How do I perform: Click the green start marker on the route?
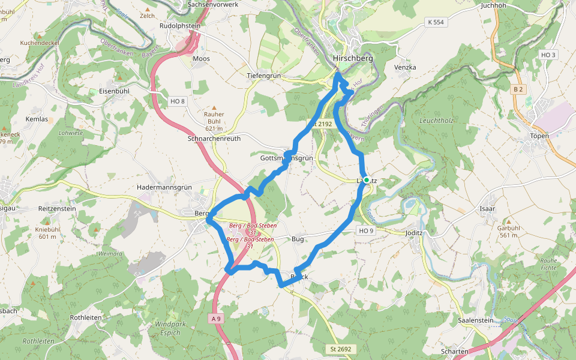click(x=366, y=179)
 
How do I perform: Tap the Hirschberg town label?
click(x=353, y=58)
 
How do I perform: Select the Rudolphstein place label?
click(x=180, y=26)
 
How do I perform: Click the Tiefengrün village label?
click(x=264, y=76)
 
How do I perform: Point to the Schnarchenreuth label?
click(x=214, y=138)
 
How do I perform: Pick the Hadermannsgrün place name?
click(x=164, y=187)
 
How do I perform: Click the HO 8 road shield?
click(x=178, y=101)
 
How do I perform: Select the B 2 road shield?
click(x=518, y=89)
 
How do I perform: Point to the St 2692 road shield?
click(x=340, y=349)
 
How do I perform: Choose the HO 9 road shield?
click(x=366, y=230)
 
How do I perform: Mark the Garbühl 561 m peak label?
click(x=508, y=232)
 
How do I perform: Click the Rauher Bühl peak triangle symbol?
click(x=214, y=107)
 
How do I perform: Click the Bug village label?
click(x=298, y=239)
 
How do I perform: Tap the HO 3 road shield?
click(x=548, y=55)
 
